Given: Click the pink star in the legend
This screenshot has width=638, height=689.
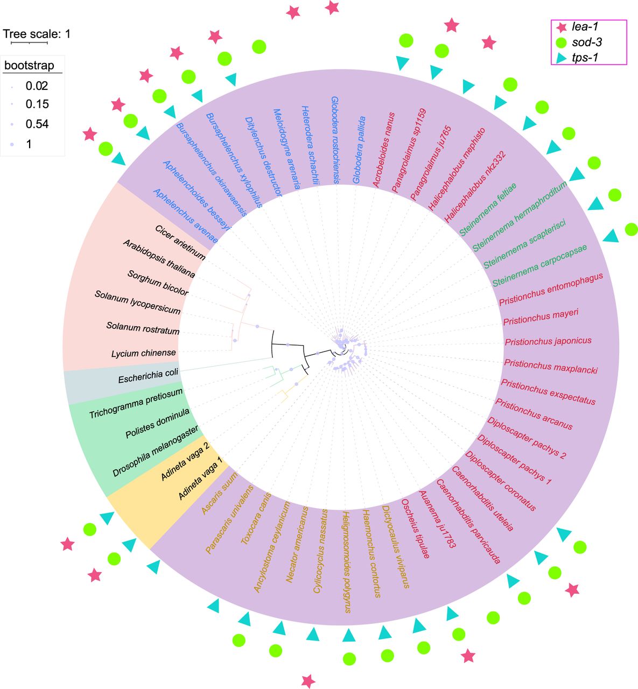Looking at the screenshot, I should click(562, 27).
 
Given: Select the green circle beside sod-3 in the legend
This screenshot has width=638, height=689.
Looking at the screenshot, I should click(562, 42).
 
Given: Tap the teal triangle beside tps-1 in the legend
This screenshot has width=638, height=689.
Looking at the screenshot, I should click(562, 57).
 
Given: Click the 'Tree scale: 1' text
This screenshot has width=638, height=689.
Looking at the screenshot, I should click(37, 34).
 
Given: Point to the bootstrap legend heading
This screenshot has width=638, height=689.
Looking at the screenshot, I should click(29, 66).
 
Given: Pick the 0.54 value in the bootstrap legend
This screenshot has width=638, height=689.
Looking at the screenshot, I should click(37, 124).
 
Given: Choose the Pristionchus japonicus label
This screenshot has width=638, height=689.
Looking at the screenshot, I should click(548, 341).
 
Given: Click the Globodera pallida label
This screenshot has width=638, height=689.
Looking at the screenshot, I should click(359, 150).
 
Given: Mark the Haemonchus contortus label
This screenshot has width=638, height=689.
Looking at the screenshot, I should click(372, 554).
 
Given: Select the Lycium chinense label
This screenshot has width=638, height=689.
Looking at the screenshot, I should click(144, 354).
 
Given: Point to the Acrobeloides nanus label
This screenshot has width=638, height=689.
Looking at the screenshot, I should click(383, 150).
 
